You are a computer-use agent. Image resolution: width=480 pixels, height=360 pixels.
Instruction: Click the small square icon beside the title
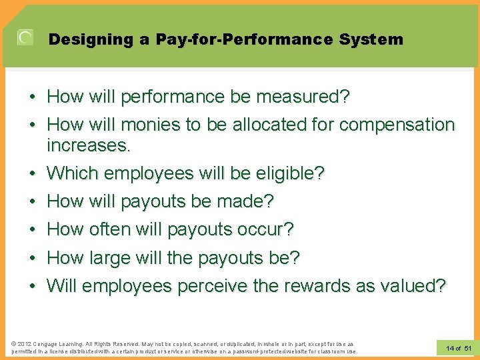coord(25,38)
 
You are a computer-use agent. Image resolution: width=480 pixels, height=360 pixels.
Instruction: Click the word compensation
coord(397,125)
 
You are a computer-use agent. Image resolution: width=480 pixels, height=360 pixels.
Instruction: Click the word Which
coord(72,173)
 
